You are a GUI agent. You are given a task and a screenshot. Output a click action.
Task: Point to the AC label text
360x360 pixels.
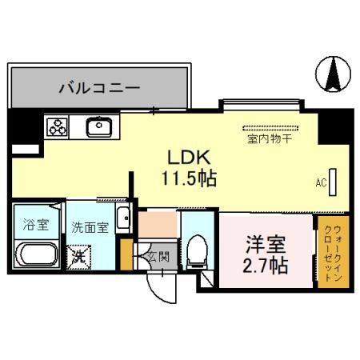(x=321, y=183)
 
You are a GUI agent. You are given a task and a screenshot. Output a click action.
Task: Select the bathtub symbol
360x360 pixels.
(x=35, y=258)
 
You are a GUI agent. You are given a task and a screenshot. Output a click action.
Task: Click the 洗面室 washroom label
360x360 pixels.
(x=88, y=227)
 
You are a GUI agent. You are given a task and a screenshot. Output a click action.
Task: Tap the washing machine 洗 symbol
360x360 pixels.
(x=80, y=258)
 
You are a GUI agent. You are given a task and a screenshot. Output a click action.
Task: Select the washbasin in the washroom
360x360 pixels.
(x=122, y=218)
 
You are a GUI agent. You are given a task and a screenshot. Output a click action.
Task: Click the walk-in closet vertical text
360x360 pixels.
(x=330, y=250)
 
